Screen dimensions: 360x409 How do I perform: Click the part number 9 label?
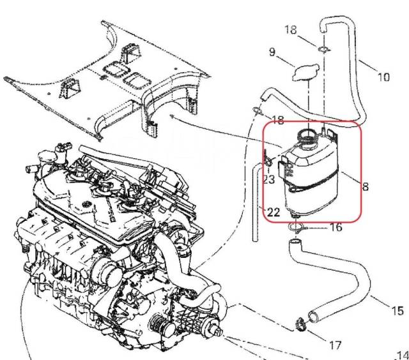pyautogui.click(x=272, y=52)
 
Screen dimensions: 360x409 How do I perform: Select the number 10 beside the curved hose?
pyautogui.click(x=383, y=77)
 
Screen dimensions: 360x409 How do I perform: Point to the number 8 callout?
pyautogui.click(x=366, y=187)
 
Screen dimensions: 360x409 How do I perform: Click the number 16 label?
pyautogui.click(x=336, y=227)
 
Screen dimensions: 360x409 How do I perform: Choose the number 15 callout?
pyautogui.click(x=396, y=311)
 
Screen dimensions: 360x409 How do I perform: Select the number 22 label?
pyautogui.click(x=273, y=212)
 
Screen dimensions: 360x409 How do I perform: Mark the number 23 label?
pyautogui.click(x=269, y=180)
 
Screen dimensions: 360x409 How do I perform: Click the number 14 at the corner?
pyautogui.click(x=402, y=354)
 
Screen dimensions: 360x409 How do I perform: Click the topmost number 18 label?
pyautogui.click(x=291, y=30)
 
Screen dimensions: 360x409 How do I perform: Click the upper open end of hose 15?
pyautogui.click(x=295, y=243)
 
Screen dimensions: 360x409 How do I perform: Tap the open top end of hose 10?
pyautogui.click(x=324, y=24)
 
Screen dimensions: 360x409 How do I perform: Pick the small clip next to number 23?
pyautogui.click(x=269, y=157)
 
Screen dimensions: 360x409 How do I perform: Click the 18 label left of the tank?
pyautogui.click(x=279, y=120)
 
